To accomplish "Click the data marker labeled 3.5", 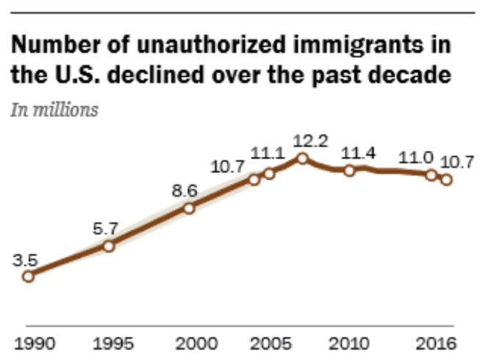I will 28,276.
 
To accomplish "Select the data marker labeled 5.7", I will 109,246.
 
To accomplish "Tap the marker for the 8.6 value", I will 189,208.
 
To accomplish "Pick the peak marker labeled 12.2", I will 302,158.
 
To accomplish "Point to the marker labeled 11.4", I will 350,170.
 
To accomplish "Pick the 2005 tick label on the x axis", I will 269,343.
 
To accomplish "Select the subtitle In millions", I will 54,111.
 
